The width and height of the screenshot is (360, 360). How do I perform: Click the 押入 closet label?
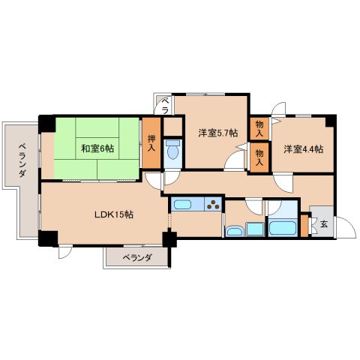click(x=152, y=142)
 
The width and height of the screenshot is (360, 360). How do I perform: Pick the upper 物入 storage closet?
click(x=259, y=128)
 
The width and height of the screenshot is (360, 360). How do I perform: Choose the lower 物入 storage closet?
click(x=259, y=156)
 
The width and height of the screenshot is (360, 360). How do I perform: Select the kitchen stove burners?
click(x=213, y=203)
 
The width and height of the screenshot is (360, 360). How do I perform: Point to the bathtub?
click(x=283, y=228)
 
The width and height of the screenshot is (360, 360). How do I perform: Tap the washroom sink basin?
click(x=234, y=230)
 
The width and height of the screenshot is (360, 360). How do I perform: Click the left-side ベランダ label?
click(x=22, y=159)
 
